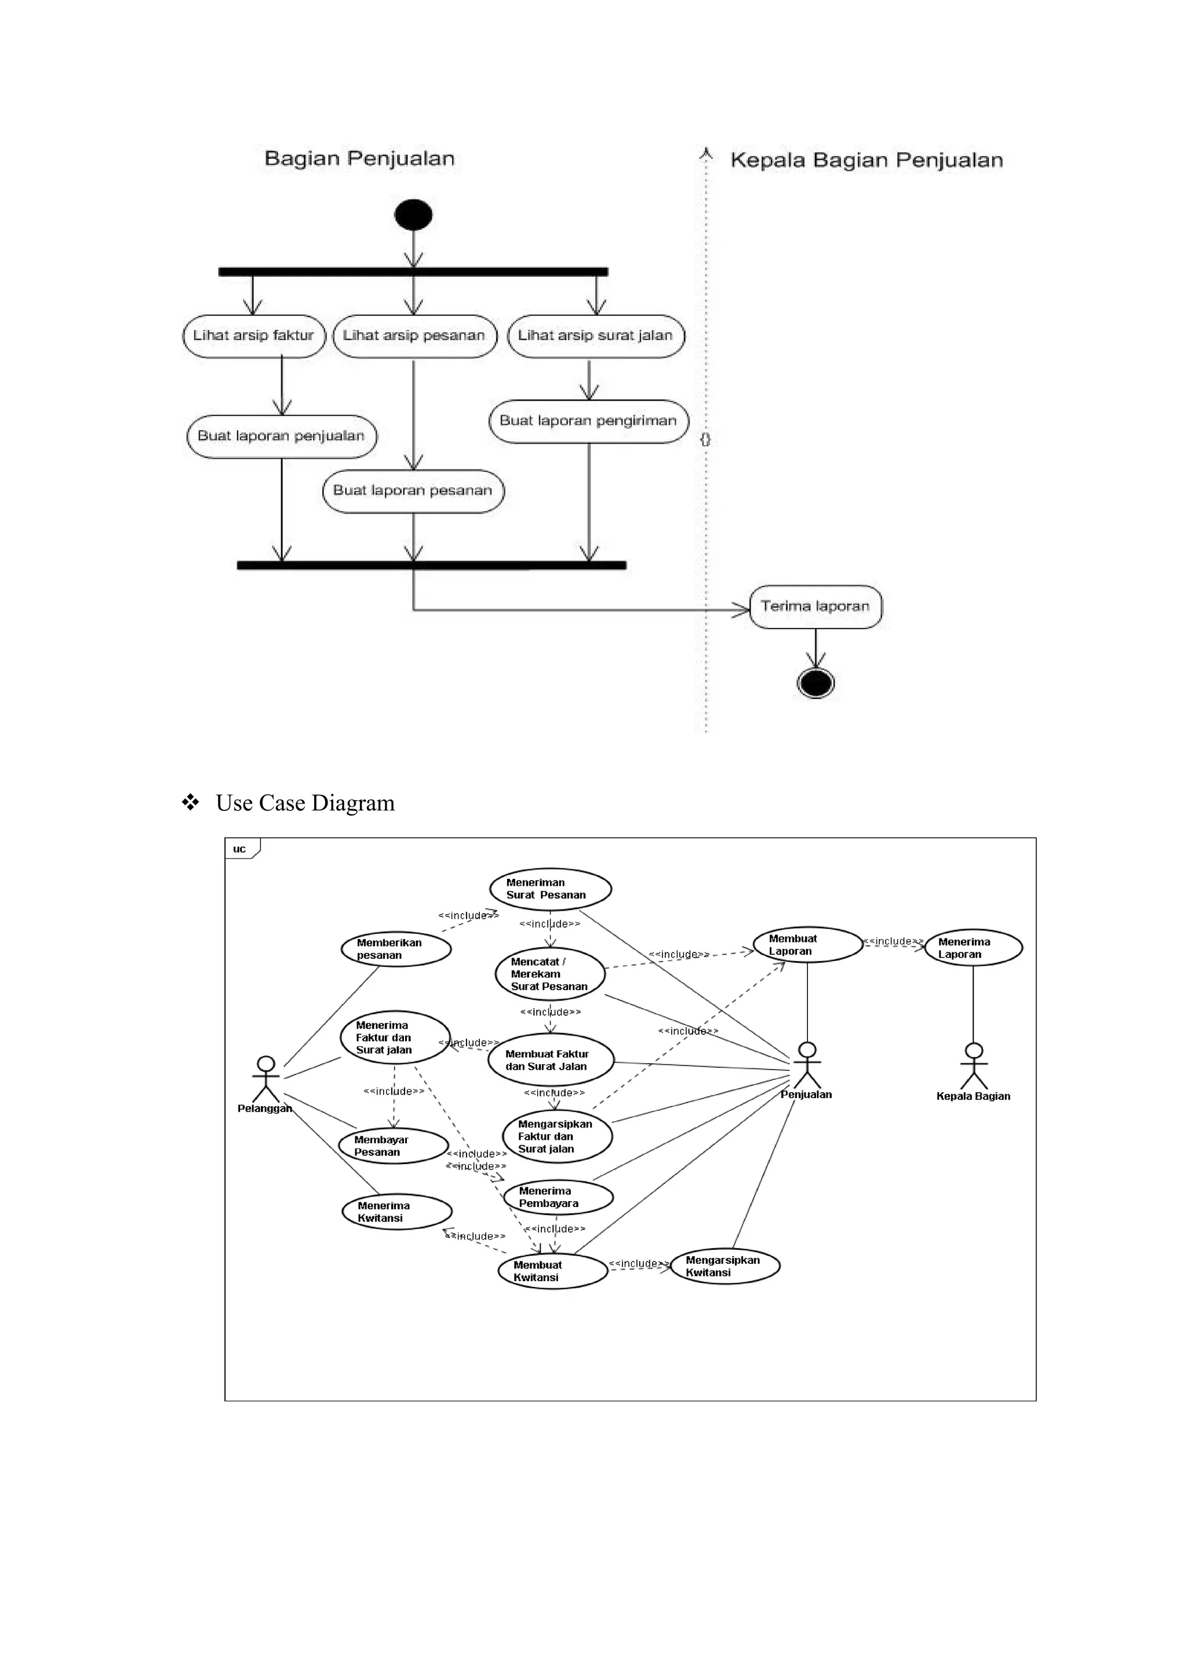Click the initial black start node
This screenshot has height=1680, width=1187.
413,215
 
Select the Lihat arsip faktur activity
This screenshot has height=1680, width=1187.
254,336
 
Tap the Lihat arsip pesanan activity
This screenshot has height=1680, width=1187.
414,336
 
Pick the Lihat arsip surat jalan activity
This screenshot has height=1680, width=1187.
595,336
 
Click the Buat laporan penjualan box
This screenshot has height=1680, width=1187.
282,436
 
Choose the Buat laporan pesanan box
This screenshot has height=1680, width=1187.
413,491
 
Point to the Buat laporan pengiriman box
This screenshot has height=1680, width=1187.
589,421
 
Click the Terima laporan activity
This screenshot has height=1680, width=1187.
815,606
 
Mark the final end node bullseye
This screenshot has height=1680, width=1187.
815,683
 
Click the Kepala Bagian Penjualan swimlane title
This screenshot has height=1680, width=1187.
866,160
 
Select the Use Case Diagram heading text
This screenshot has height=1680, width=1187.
305,803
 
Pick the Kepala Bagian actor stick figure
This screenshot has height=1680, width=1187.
974,1066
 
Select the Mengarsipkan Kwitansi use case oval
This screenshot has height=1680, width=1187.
725,1266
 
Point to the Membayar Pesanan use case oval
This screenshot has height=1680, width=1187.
394,1146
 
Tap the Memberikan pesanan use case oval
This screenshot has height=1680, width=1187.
396,949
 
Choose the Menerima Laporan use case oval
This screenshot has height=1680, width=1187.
974,948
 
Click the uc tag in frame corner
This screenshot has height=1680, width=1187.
240,849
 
